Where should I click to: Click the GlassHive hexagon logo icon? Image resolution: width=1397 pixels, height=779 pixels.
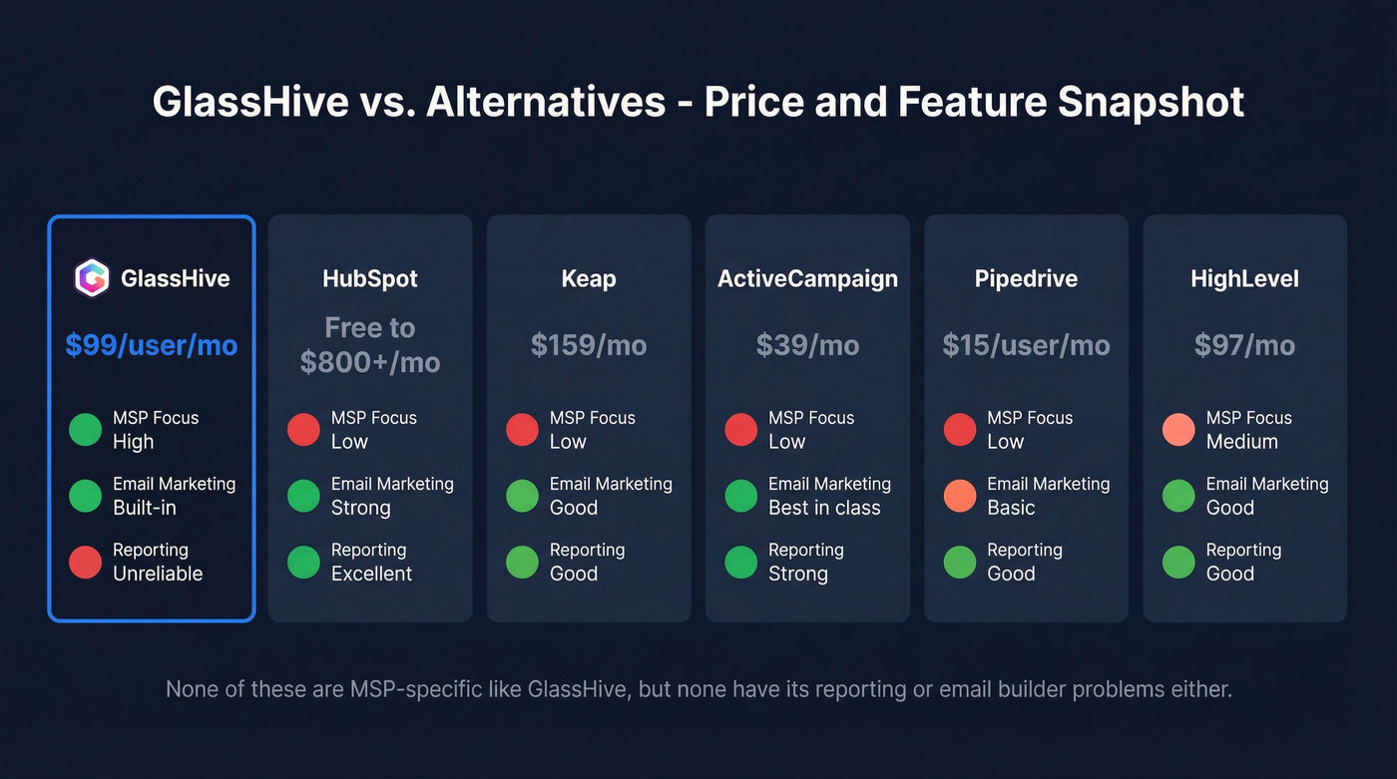92,278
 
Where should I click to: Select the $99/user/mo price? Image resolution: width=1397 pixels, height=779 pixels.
152,345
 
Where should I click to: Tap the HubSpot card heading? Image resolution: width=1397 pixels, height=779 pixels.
370,279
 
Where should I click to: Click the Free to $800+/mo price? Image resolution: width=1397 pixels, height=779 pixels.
370,345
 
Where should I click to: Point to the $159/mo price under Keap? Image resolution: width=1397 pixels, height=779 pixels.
589,345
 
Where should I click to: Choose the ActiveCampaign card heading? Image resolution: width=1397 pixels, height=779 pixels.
807,279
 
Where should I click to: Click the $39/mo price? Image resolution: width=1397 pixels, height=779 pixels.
807,345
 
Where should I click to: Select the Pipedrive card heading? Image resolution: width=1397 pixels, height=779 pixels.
1026,279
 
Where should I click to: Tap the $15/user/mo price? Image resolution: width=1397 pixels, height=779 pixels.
1026,345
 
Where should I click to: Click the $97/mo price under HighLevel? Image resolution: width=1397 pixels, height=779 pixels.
1244,345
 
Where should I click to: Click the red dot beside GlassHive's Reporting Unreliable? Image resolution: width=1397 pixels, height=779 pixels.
85,562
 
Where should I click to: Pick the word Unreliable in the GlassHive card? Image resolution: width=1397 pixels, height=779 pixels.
158,574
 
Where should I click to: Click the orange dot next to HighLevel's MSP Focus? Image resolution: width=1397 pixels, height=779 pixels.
1178,430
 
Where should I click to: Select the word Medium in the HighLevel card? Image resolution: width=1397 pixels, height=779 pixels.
1241,442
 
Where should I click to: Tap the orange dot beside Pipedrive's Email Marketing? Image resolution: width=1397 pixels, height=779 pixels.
960,496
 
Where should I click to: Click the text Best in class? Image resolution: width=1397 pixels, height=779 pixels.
824,508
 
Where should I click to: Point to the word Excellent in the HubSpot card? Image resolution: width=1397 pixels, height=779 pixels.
371,574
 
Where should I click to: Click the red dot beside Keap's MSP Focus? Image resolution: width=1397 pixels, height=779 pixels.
522,430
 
